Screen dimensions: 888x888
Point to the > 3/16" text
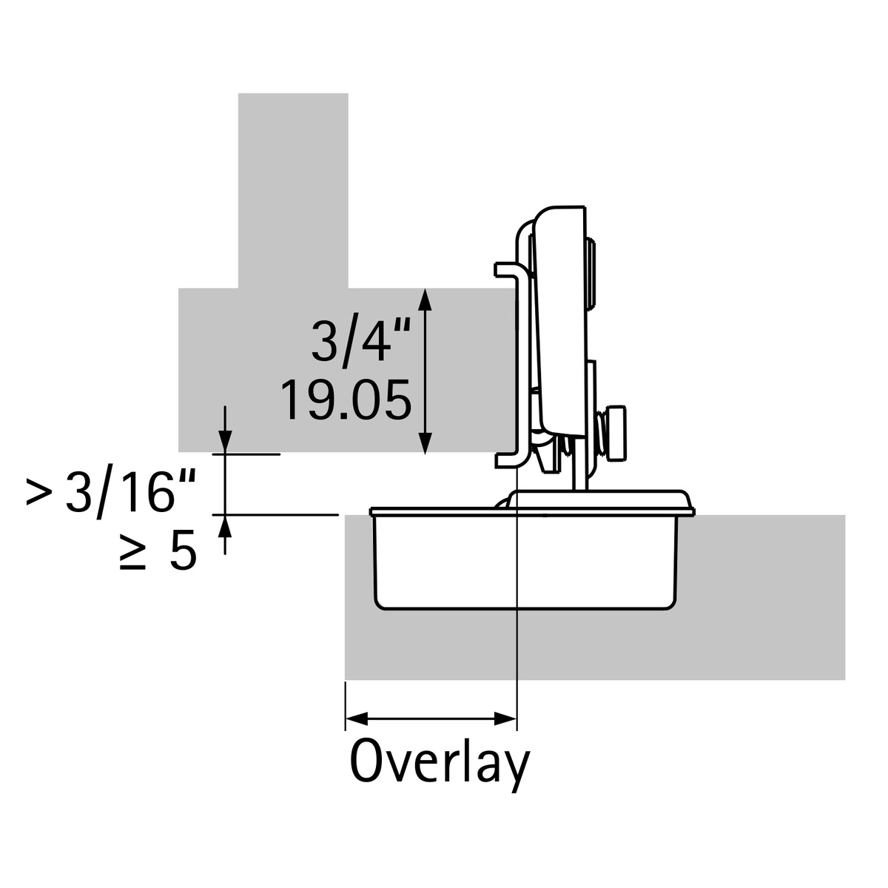tap(111, 492)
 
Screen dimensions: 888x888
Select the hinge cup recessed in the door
tap(525, 562)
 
